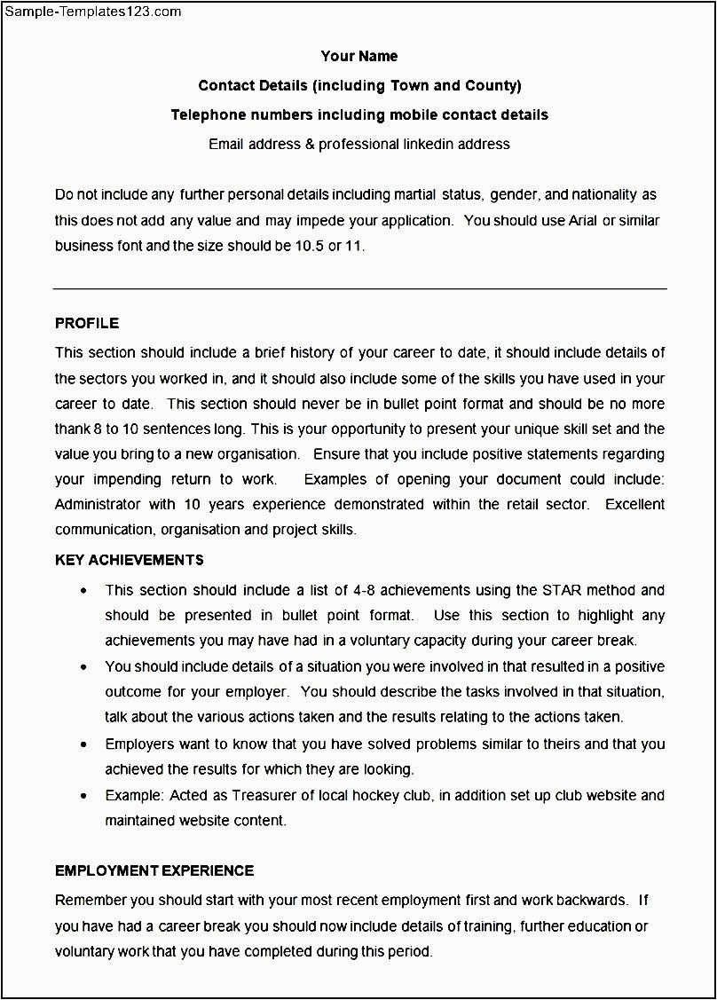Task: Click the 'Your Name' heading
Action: tap(359, 57)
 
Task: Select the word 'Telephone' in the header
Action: tap(202, 114)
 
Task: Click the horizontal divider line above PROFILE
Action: tap(359, 288)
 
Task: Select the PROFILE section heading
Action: tap(87, 323)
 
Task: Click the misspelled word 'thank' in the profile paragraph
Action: tap(73, 429)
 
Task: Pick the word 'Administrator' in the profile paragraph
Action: tap(98, 504)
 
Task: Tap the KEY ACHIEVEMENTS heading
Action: tap(130, 560)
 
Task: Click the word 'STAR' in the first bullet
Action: tap(561, 590)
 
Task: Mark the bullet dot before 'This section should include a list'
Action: tap(83, 591)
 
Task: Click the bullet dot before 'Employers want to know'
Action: tap(83, 745)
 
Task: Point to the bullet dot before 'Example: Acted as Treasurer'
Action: tap(83, 797)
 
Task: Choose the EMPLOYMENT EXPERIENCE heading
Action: tap(154, 870)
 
